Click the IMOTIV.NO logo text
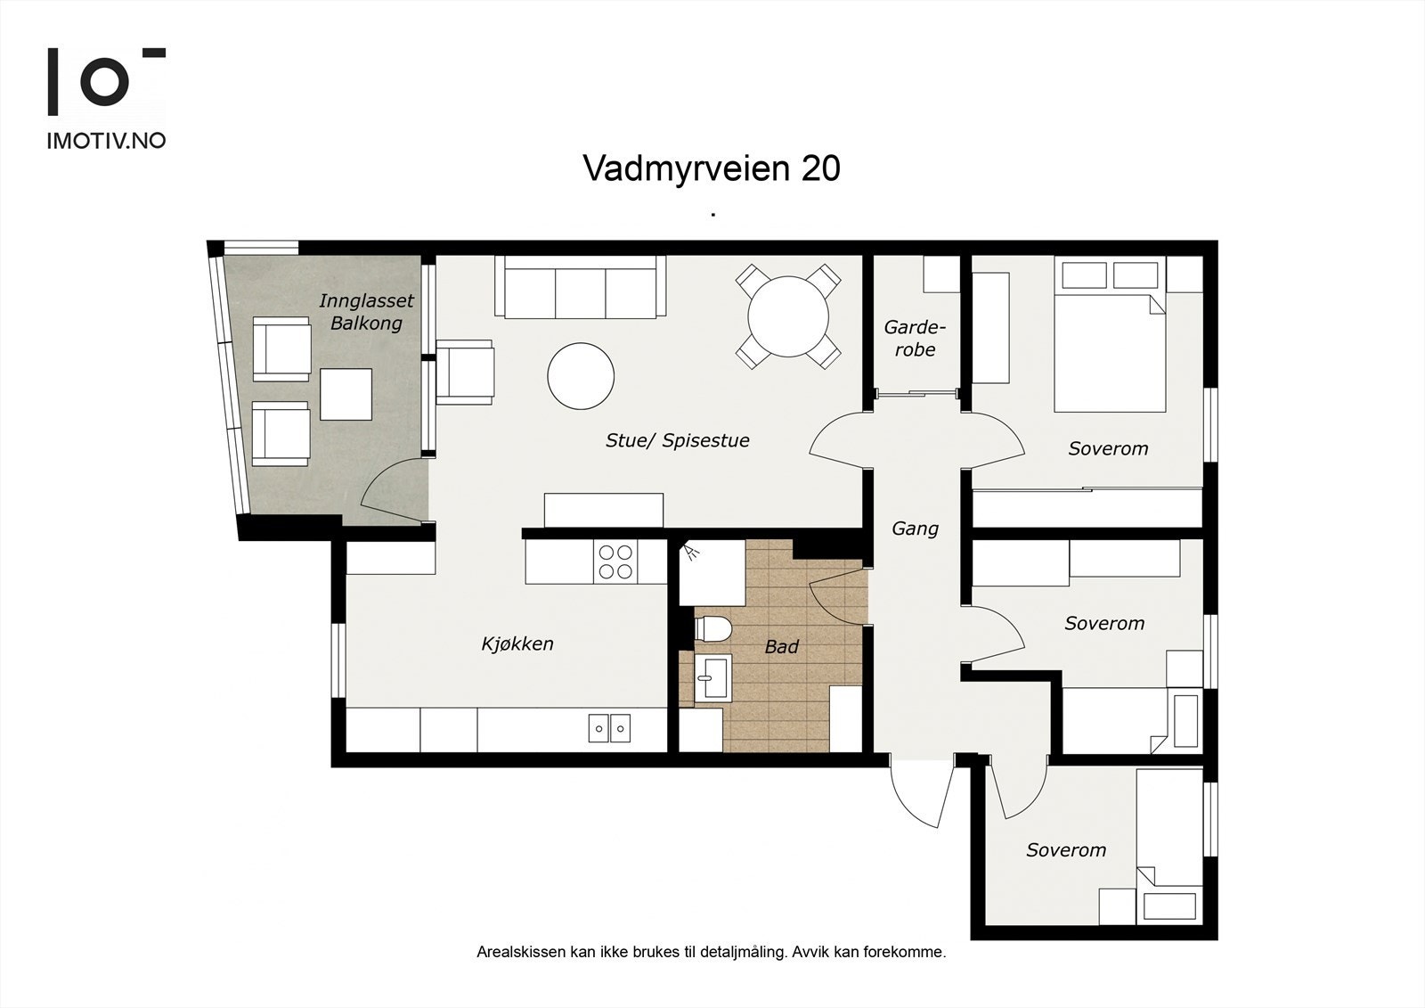coord(106,140)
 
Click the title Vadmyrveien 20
coord(711,168)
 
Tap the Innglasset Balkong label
coord(366,312)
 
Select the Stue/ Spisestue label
coord(677,440)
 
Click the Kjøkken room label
coord(517,643)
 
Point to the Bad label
coord(781,647)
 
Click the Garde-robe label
coord(915,339)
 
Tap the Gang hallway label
coord(915,529)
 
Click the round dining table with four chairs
coord(788,316)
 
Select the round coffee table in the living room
coord(581,376)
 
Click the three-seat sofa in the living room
coord(581,287)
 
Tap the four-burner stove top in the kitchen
coord(615,561)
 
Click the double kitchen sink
coord(609,728)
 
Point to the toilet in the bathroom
coord(712,628)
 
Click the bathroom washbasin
coord(712,677)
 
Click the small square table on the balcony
coord(346,394)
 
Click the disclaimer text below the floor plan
coord(711,952)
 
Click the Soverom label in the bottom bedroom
coord(1065,850)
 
